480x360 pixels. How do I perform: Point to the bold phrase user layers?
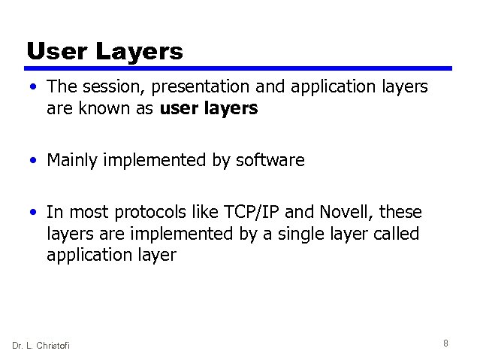(x=209, y=108)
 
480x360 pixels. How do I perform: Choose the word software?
(x=268, y=160)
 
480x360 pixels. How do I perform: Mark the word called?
(x=395, y=234)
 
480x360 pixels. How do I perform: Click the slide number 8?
(x=445, y=343)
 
